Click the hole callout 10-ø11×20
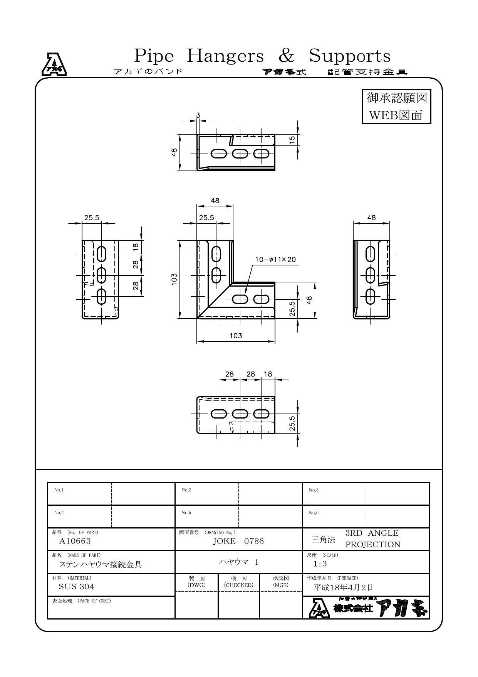pyautogui.click(x=275, y=260)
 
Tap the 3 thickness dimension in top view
pyautogui.click(x=198, y=115)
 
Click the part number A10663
pyautogui.click(x=75, y=541)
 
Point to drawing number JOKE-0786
pyautogui.click(x=238, y=541)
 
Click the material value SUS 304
pyautogui.click(x=76, y=587)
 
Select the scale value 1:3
pyautogui.click(x=320, y=564)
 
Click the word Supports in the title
pyautogui.click(x=350, y=56)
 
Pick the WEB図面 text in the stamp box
pyautogui.click(x=396, y=115)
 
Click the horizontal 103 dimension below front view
pyautogui.click(x=236, y=336)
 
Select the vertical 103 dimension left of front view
pyautogui.click(x=174, y=279)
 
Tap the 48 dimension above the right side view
pyautogui.click(x=371, y=218)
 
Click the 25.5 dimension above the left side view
pyautogui.click(x=92, y=218)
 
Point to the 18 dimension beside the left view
pyautogui.click(x=136, y=247)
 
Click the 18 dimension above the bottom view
pyautogui.click(x=268, y=374)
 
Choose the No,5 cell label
pyautogui.click(x=186, y=513)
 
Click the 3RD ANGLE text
pyautogui.click(x=372, y=533)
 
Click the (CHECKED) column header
pyautogui.click(x=239, y=585)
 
